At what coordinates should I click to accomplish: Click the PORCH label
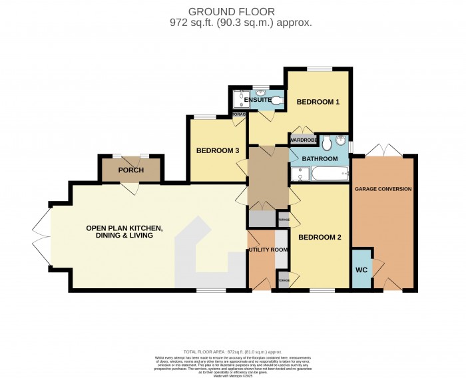click(130, 170)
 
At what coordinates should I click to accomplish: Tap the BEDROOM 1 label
click(318, 102)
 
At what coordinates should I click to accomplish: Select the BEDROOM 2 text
click(320, 238)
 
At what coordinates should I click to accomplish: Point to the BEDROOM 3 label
click(217, 150)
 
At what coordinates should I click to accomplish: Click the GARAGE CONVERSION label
click(383, 189)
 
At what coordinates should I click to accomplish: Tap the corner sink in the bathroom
click(342, 140)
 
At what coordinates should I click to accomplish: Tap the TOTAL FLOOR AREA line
click(232, 351)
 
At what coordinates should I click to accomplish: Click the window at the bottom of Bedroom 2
click(322, 290)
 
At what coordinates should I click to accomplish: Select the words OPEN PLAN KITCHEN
click(124, 228)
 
